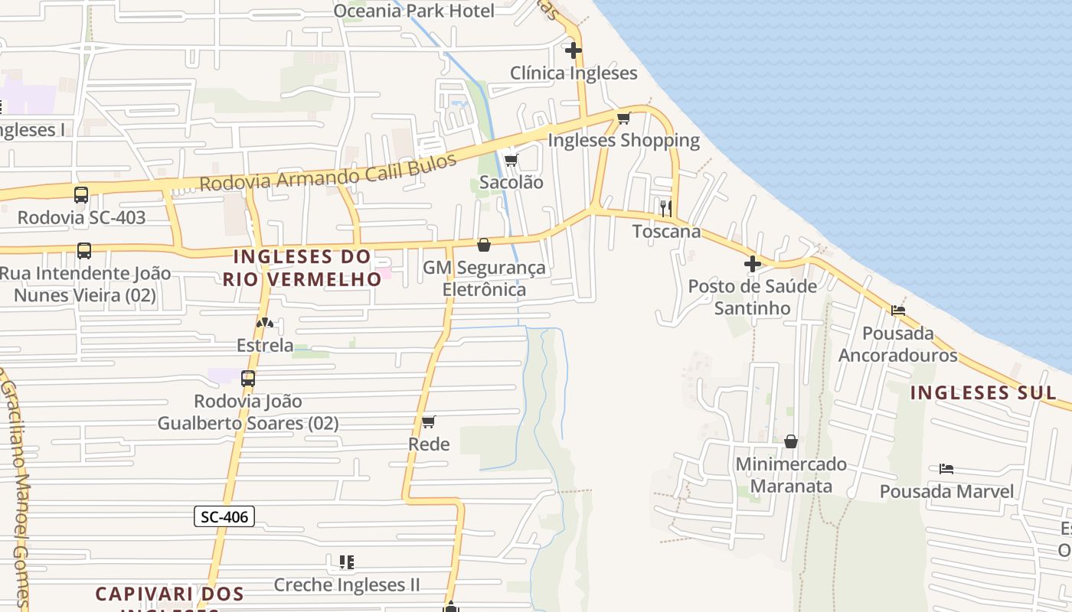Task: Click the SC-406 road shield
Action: [x=224, y=516]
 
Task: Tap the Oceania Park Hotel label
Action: [x=413, y=11]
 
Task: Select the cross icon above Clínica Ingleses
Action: [x=574, y=50]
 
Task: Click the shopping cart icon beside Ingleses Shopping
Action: [x=623, y=118]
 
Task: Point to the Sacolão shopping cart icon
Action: [x=511, y=160]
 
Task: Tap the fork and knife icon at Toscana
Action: [x=666, y=207]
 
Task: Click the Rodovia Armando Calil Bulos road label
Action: [x=328, y=174]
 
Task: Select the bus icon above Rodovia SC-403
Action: [x=81, y=194]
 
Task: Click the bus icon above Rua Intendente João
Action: [x=84, y=250]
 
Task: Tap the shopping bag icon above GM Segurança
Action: [x=484, y=245]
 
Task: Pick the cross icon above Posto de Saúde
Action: [x=753, y=264]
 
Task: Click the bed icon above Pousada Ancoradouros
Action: [x=898, y=311]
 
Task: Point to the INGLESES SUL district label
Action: [x=982, y=393]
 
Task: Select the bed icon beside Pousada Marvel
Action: [x=946, y=468]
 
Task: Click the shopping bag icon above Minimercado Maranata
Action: [x=791, y=441]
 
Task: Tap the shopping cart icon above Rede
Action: [x=429, y=422]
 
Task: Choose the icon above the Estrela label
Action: [x=265, y=323]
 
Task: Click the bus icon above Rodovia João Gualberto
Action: [x=248, y=378]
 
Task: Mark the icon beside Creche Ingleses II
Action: [x=347, y=562]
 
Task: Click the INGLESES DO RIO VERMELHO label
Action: [x=302, y=268]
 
